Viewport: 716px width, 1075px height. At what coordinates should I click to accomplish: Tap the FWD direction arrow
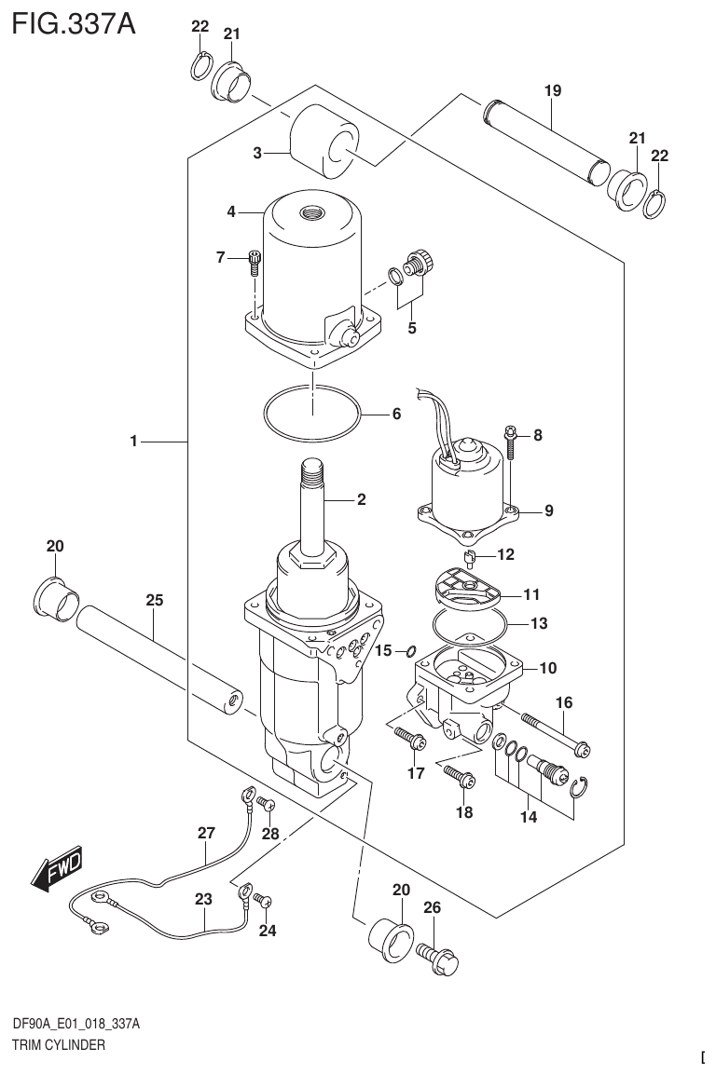coord(58,868)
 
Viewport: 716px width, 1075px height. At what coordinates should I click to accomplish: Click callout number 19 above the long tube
coord(552,90)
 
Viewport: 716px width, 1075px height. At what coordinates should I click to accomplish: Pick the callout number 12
coord(505,555)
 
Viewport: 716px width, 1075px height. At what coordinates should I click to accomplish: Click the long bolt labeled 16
coord(558,733)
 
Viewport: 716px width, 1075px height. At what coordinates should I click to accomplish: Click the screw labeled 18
coord(458,774)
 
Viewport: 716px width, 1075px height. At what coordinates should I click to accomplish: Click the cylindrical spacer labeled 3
coord(324,145)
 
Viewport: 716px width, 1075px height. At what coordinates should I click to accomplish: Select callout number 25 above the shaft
coord(155,601)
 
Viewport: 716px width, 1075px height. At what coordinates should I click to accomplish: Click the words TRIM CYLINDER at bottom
coord(58,1044)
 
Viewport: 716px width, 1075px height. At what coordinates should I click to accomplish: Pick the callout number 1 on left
coord(134,442)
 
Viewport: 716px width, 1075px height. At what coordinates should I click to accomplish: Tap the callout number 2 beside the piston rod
coord(361,499)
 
